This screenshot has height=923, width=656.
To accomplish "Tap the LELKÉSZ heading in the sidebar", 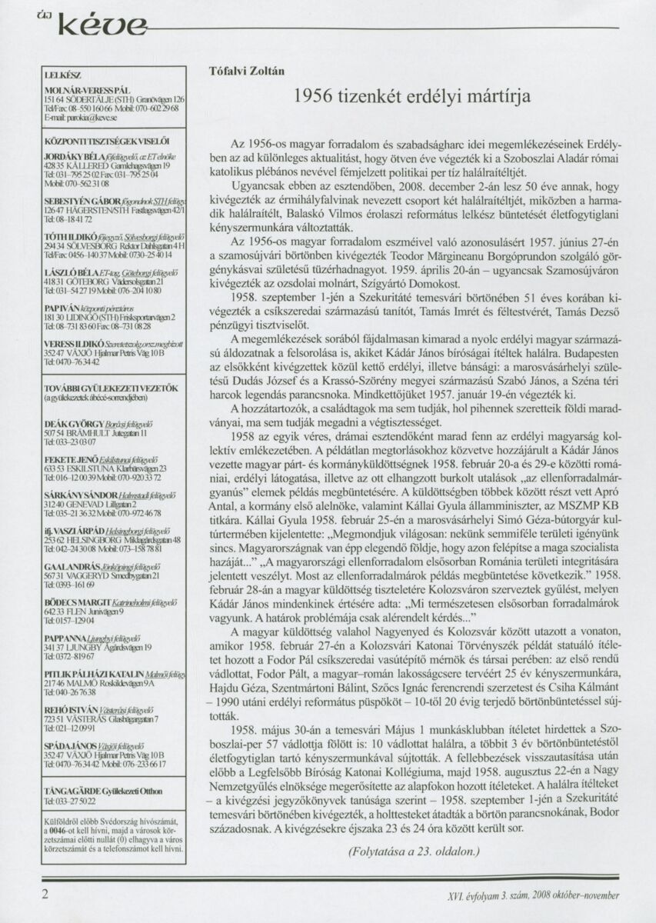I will pos(62,75).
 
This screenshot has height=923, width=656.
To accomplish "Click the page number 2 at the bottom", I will pos(45,894).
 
